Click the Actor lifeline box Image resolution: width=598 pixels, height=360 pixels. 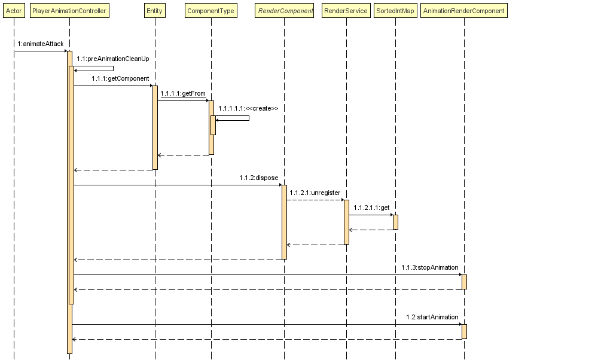point(14,11)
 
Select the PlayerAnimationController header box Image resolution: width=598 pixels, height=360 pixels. point(69,11)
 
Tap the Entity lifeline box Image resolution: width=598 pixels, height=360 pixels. point(154,11)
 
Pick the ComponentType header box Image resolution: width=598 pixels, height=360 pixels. point(211,11)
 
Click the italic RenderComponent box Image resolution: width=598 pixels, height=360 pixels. point(285,11)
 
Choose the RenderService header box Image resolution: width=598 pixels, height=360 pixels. point(346,11)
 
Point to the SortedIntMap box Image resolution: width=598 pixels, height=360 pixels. point(395,11)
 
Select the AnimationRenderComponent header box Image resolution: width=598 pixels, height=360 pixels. point(464,11)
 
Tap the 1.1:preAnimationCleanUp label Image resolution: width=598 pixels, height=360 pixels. point(112,59)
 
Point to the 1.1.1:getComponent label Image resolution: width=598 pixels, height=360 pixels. point(120,78)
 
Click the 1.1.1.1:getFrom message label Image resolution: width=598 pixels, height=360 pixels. point(182,93)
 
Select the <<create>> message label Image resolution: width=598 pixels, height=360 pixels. point(248,108)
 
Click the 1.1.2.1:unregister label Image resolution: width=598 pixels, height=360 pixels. point(315,193)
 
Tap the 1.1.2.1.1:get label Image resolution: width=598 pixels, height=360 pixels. point(371,208)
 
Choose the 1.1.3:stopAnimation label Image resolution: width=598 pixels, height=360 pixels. point(429,267)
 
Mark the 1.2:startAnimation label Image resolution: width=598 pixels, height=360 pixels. point(432,317)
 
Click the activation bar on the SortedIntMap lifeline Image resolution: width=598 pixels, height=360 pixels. point(395,222)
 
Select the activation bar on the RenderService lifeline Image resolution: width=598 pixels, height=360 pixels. point(346,222)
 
